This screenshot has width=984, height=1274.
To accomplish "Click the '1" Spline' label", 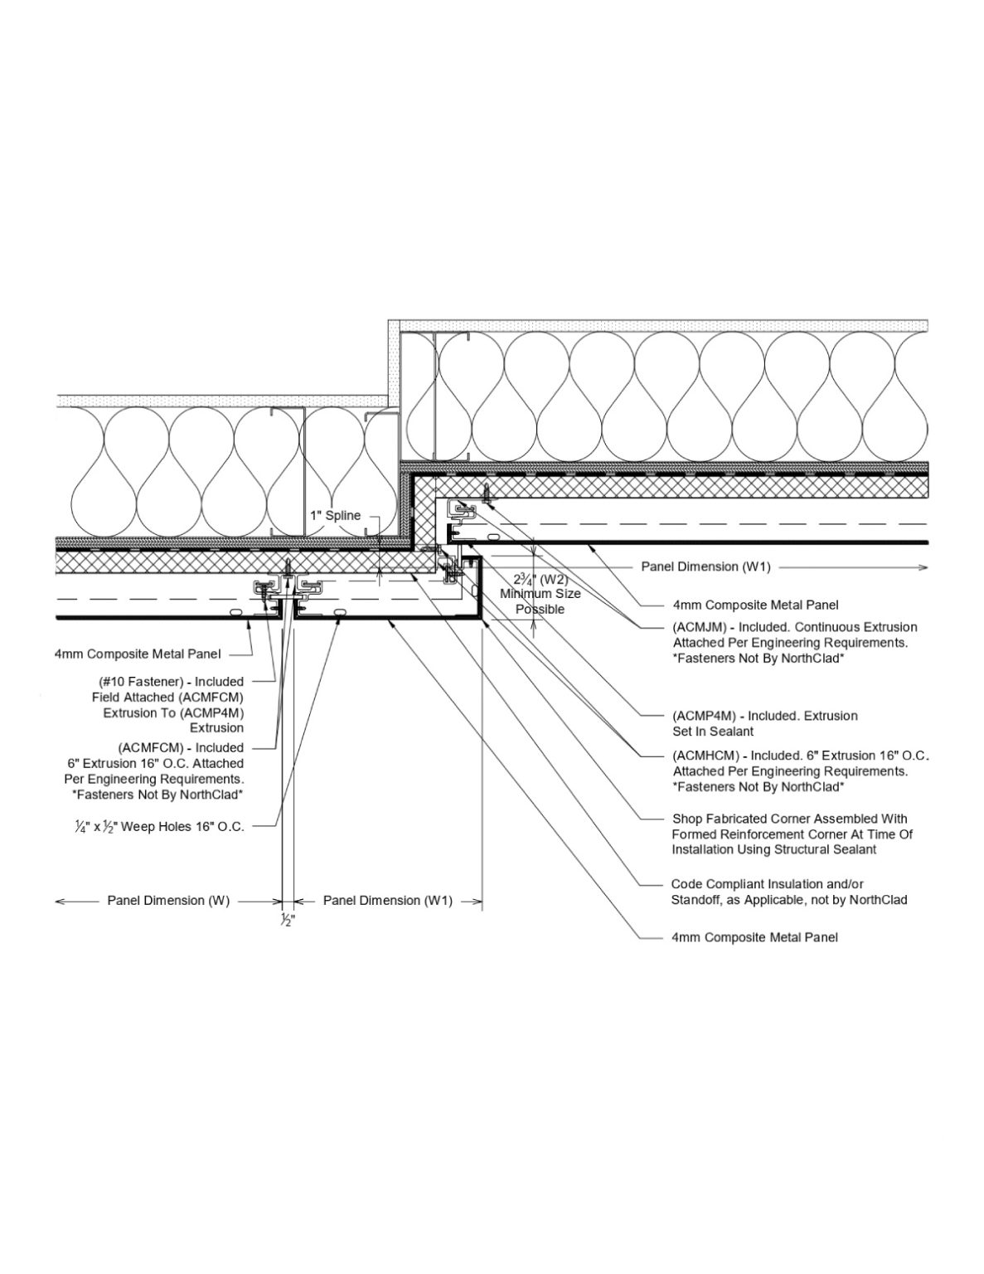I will pos(335,515).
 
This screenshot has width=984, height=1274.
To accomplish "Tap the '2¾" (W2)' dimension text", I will pos(540,580).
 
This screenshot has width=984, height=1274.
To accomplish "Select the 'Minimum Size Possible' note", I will pos(540,601).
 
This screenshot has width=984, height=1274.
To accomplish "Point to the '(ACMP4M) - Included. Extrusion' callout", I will pos(764,715).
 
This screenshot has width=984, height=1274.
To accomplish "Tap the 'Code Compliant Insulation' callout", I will pos(767,884).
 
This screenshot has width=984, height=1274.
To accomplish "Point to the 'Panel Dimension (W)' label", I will pos(168,900).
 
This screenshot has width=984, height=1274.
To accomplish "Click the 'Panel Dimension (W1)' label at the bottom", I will pos(387,900).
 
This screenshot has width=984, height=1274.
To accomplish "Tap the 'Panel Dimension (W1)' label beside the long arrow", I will pos(705,566).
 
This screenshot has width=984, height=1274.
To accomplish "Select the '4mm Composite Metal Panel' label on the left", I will pos(138,654).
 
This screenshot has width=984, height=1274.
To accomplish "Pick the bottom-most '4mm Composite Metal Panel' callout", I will pos(754,937).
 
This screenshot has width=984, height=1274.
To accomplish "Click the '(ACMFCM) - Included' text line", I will pos(181,747).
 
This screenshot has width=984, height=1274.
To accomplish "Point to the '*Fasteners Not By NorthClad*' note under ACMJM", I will pos(758,659).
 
